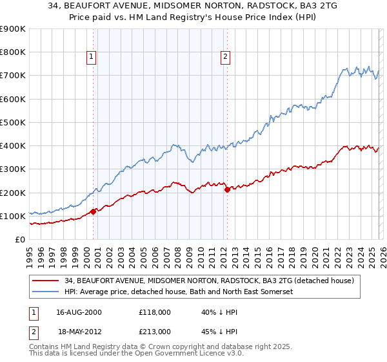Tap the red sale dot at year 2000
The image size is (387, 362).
coord(93,211)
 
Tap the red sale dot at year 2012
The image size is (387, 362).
coord(227,189)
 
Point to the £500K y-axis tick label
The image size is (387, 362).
coord(13,122)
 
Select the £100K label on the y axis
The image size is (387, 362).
coord(13,216)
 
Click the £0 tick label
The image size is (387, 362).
coord(19,239)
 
